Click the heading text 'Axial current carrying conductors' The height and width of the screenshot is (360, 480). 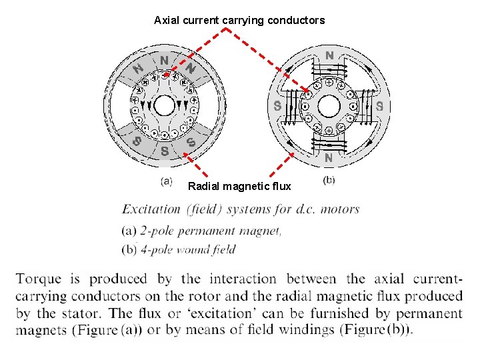239,21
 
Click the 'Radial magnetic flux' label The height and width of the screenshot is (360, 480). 239,186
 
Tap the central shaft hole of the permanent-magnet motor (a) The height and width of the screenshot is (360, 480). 164,105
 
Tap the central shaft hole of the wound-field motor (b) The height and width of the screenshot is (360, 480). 328,105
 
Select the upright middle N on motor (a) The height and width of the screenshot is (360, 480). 164,61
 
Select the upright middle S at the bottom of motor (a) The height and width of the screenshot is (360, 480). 164,150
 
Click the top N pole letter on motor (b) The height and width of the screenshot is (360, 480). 329,54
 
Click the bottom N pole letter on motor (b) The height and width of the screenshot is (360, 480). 328,158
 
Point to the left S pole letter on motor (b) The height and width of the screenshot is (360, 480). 277,105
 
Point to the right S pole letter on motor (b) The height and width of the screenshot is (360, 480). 379,105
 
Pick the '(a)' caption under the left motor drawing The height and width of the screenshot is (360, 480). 166,181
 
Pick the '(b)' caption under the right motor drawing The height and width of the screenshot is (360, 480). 329,180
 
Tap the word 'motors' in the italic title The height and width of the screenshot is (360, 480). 339,209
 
